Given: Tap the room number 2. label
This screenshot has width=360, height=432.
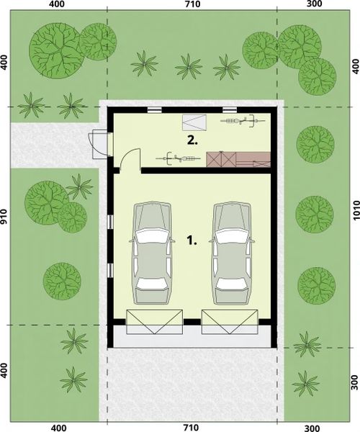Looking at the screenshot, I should (x=192, y=140).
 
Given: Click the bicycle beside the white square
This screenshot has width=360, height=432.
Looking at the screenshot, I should (x=240, y=121).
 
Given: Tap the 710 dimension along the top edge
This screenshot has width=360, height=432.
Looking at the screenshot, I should (x=192, y=5).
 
